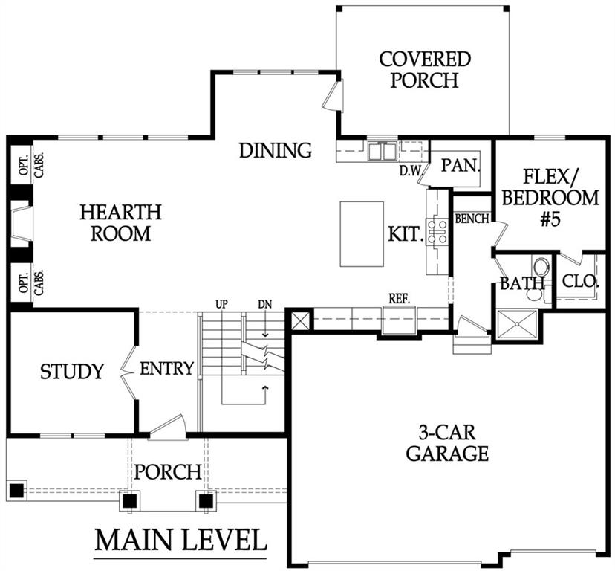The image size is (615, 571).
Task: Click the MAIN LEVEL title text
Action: pyautogui.click(x=180, y=541)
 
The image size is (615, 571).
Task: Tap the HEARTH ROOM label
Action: pyautogui.click(x=121, y=222)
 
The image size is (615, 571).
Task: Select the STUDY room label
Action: pyautogui.click(x=72, y=372)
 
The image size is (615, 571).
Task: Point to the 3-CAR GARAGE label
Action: pyautogui.click(x=447, y=443)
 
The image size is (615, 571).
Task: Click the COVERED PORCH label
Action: pyautogui.click(x=425, y=69)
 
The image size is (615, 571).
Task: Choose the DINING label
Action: pyautogui.click(x=276, y=150)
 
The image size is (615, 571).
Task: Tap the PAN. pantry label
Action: pyautogui.click(x=461, y=165)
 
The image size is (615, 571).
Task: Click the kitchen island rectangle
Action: pyautogui.click(x=362, y=234)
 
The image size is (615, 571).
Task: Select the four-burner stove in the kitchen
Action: pyautogui.click(x=437, y=232)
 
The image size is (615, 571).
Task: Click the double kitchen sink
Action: pyautogui.click(x=382, y=151)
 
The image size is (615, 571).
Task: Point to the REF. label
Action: pyautogui.click(x=400, y=299)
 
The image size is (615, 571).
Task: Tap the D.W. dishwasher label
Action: pyautogui.click(x=410, y=171)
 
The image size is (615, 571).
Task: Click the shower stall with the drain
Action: pyautogui.click(x=517, y=324)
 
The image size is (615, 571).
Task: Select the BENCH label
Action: pyautogui.click(x=472, y=219)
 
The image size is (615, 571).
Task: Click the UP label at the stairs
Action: pyautogui.click(x=222, y=304)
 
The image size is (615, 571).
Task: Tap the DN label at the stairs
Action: pyautogui.click(x=265, y=304)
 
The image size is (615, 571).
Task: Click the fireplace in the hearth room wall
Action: pyautogui.click(x=21, y=224)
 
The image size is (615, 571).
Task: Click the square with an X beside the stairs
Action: pyautogui.click(x=301, y=319)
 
